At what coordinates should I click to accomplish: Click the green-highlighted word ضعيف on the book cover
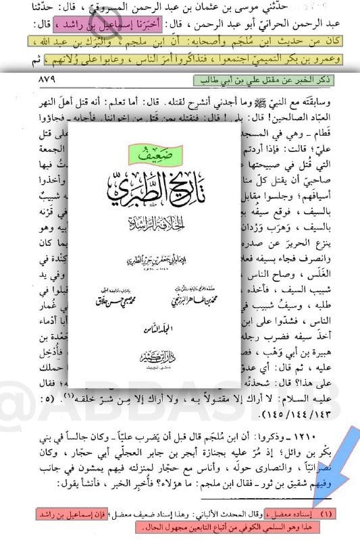155,153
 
